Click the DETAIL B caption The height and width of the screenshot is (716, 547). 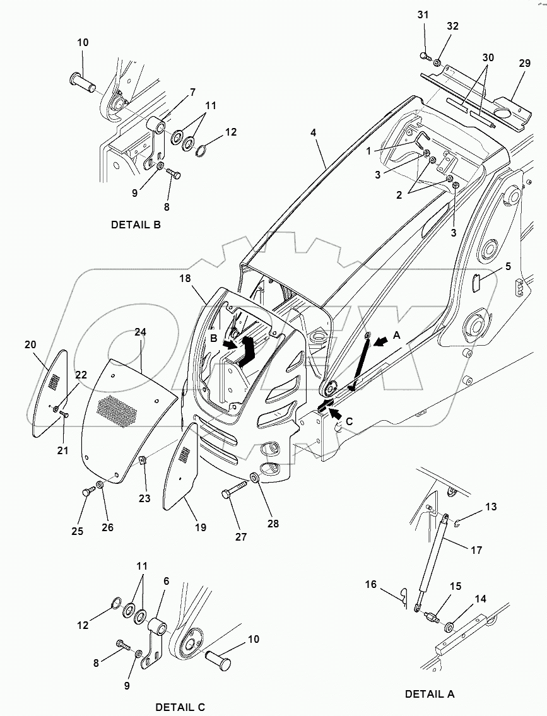coord(136,224)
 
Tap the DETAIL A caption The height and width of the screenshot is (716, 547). coord(429,694)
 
